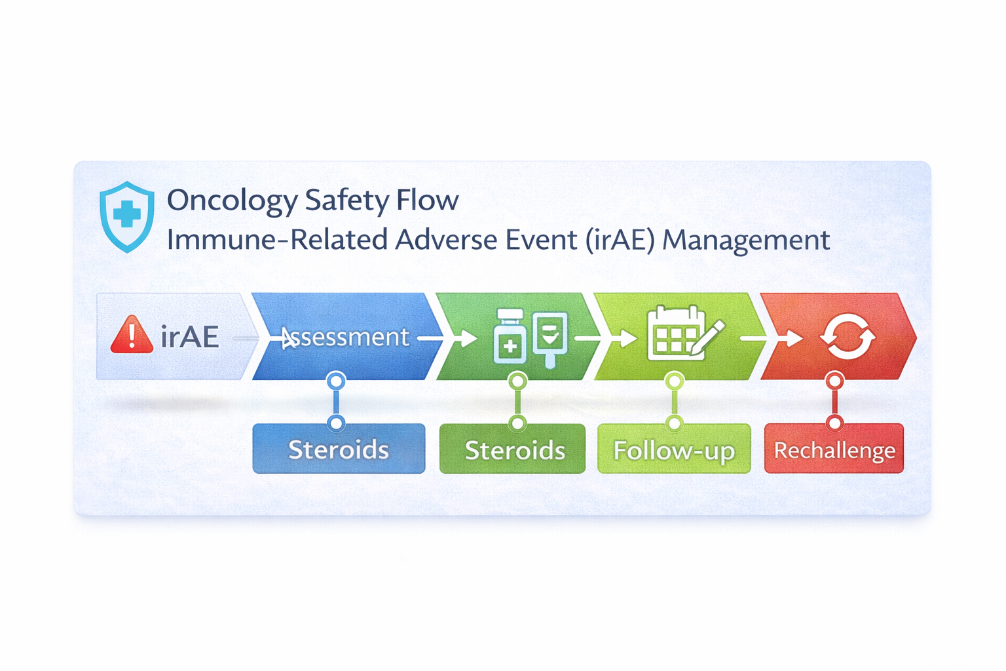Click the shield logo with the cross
coord(127,216)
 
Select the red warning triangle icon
coord(132,335)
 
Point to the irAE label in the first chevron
coord(189,337)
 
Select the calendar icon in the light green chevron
coord(675,334)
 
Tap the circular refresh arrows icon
coord(848,337)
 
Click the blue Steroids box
coord(339,449)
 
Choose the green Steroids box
coord(512,449)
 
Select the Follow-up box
coord(674,449)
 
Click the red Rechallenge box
coord(834,449)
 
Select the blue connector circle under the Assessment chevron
coord(336,381)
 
